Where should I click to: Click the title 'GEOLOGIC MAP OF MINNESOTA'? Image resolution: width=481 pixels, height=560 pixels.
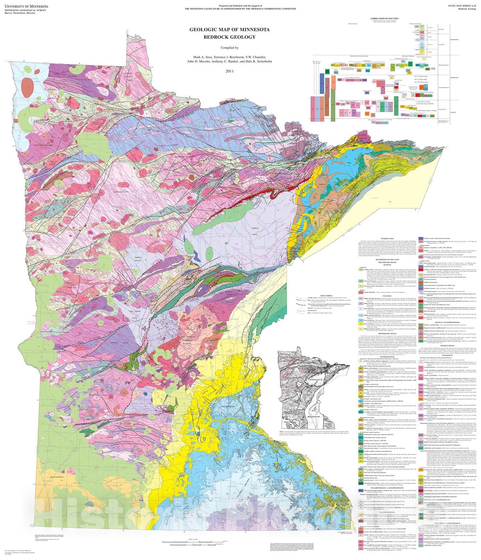tap(229, 30)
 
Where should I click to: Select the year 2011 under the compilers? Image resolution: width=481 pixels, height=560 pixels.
tap(229, 71)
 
